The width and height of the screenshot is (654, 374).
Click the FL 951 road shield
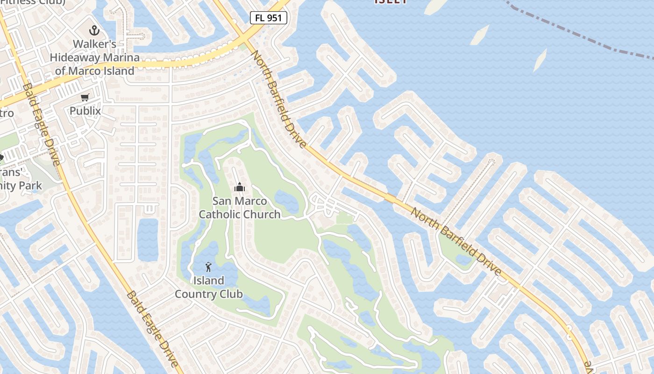pyautogui.click(x=268, y=18)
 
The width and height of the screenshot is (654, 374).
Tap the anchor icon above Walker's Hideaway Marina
pyautogui.click(x=94, y=31)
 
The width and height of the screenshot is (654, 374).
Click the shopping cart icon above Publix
pyautogui.click(x=85, y=97)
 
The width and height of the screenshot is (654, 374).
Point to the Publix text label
pyautogui.click(x=85, y=111)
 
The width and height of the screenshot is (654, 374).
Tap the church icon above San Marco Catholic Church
pyautogui.click(x=239, y=187)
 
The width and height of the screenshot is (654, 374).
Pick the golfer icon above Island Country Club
pyautogui.click(x=208, y=267)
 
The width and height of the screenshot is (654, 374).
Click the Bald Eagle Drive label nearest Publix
pyautogui.click(x=42, y=124)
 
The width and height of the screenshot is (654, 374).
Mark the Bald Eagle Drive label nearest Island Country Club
pyautogui.click(x=152, y=329)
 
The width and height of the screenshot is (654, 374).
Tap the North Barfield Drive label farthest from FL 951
pyautogui.click(x=455, y=241)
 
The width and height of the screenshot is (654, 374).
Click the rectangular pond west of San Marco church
pyautogui.click(x=148, y=239)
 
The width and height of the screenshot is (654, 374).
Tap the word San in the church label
pyautogui.click(x=222, y=201)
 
